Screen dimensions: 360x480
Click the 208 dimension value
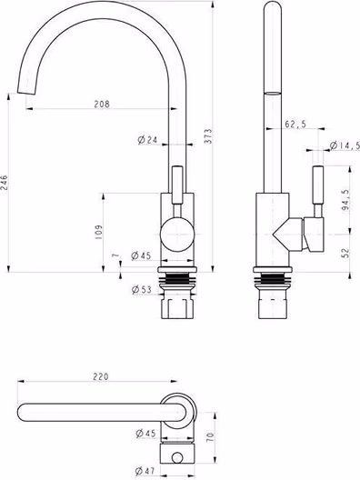(x=102, y=104)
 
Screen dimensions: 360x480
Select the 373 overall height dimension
(x=208, y=136)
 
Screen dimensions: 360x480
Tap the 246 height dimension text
(x=4, y=183)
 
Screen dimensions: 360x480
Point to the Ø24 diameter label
(x=147, y=140)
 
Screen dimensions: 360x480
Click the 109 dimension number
(x=98, y=232)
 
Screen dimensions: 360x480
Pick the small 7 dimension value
(x=115, y=255)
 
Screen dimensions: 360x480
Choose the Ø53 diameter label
(x=142, y=289)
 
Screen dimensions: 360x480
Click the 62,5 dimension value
(x=295, y=124)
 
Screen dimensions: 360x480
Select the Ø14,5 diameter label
(x=345, y=145)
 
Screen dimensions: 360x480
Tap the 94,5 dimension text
(x=345, y=200)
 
